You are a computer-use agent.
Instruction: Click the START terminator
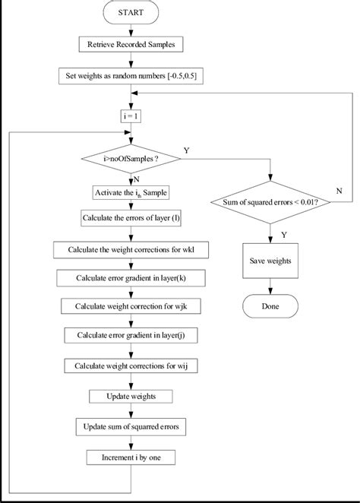(x=131, y=13)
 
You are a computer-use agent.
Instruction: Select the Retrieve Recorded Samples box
(x=131, y=44)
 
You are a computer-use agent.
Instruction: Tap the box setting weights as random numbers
(x=131, y=76)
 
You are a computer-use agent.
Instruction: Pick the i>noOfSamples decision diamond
(x=131, y=160)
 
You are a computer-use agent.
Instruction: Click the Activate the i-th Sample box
(x=131, y=193)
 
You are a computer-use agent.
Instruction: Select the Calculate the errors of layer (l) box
(x=131, y=219)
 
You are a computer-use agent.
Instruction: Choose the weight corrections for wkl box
(x=131, y=249)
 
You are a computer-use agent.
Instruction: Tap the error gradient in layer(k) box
(x=131, y=278)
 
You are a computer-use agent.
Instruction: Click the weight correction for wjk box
(x=131, y=307)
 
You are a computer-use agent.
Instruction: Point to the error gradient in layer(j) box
(x=131, y=336)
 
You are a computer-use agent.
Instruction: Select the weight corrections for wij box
(x=131, y=365)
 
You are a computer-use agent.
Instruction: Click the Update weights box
(x=131, y=396)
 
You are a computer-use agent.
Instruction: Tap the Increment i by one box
(x=131, y=458)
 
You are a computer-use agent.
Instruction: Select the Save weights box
(x=270, y=261)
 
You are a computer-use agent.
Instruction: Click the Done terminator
(x=270, y=308)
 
